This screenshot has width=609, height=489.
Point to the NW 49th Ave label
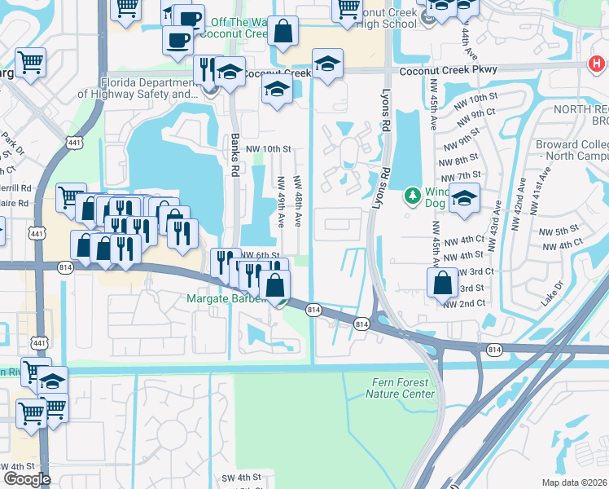tap(281, 201)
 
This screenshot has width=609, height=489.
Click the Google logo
tap(27, 479)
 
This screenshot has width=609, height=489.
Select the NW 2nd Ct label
tap(464, 303)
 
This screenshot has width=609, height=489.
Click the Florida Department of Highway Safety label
tap(138, 88)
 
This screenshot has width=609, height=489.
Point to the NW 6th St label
tap(261, 255)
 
